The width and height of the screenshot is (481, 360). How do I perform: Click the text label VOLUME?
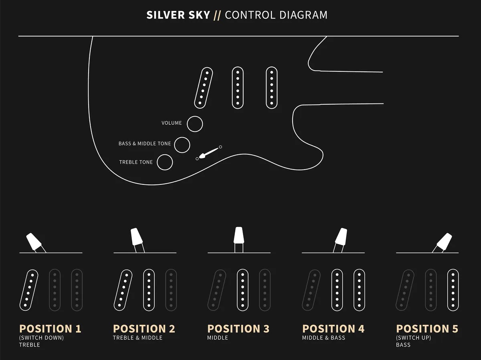(172, 123)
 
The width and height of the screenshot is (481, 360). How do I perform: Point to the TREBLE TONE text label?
(136, 162)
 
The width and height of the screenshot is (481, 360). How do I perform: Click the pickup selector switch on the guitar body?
(208, 153)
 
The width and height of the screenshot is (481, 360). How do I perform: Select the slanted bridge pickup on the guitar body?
(204, 88)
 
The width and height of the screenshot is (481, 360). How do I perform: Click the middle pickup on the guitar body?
(238, 88)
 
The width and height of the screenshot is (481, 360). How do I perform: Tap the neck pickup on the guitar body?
(272, 88)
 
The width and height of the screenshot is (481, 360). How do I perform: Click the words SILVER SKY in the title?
(178, 15)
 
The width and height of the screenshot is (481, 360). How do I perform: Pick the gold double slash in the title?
(217, 15)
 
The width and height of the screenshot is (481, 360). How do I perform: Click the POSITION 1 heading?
(50, 329)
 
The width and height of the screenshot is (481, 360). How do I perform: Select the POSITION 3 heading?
(238, 329)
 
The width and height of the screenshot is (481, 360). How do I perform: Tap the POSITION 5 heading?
(427, 329)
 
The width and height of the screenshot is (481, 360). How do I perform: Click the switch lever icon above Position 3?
(239, 240)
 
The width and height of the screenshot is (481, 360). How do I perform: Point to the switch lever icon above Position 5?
(443, 242)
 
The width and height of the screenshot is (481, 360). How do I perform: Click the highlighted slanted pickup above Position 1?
(29, 290)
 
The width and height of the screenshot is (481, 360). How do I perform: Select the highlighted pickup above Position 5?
(453, 290)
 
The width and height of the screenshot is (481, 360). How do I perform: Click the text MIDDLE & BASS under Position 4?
(323, 338)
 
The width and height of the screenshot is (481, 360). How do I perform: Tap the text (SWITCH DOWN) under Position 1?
(41, 338)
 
